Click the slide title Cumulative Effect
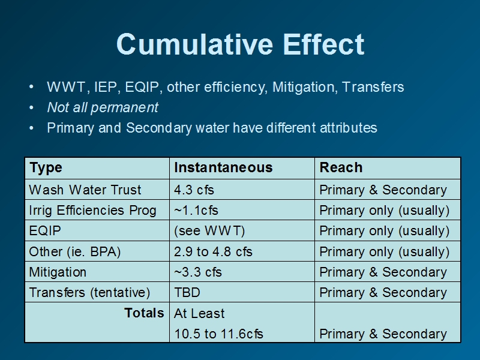coord(241,44)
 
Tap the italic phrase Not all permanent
coord(103,107)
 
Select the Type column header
coord(46,168)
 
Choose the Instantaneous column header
coord(223,167)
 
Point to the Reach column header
coord(341,167)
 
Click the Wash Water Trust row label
coord(85,190)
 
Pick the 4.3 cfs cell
coord(194,190)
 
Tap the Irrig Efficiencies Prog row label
coord(93,211)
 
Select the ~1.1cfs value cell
coord(196,211)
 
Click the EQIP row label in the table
coord(45,231)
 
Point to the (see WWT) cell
coord(209,231)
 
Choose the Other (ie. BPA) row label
coord(75,251)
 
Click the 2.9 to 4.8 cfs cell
coord(213,251)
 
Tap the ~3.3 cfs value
coord(198,272)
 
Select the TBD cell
coord(187,292)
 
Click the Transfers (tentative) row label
coord(89,292)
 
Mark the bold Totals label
coord(144,313)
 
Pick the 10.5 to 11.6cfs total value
coord(218,334)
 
